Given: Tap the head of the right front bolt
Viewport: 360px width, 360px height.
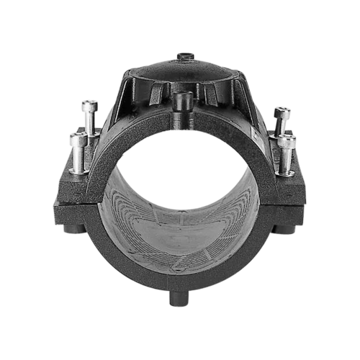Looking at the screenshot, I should pyautogui.click(x=287, y=140).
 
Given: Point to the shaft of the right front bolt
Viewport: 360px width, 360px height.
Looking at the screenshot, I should pyautogui.click(x=287, y=160).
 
